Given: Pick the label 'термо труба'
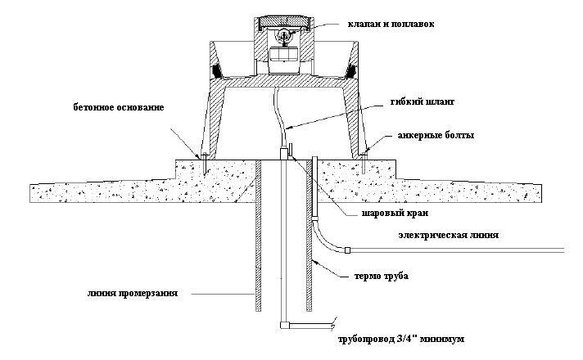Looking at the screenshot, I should [x=382, y=277].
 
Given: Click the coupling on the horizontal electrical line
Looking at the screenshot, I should [x=346, y=249].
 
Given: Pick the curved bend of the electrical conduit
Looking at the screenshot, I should [x=325, y=238].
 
